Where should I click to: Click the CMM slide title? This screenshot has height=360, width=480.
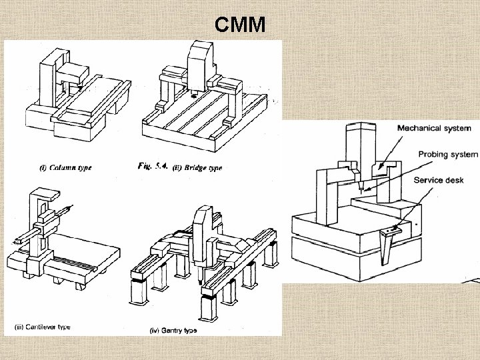coord(240,25)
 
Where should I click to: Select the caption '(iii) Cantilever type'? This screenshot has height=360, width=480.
coord(43,327)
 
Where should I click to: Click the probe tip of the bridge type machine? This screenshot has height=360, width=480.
coord(194,95)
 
